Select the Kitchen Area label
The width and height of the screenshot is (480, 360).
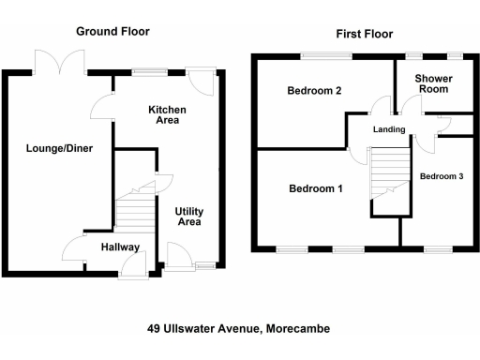pos(168,115)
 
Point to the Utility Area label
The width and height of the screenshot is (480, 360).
pos(189,217)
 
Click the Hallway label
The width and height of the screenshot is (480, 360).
pos(121,247)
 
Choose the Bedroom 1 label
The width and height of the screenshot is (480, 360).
pos(315,189)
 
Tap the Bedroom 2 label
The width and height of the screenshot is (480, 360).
pos(314,91)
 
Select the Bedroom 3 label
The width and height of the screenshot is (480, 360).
pos(442,176)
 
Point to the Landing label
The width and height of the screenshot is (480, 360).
pos(388,129)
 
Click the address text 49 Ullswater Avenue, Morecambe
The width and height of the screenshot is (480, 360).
pos(238,328)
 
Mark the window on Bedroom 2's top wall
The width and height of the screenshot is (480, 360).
pos(326,56)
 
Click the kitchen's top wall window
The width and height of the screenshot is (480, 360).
pos(147,71)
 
